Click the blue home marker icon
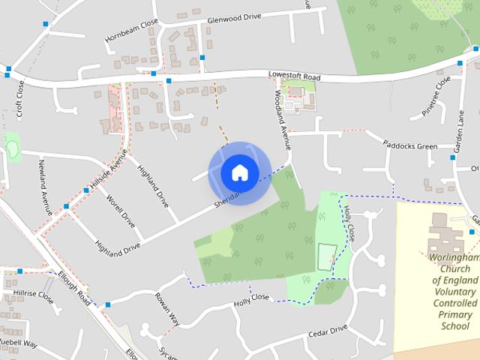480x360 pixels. click(x=239, y=172)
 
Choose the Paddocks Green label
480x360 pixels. click(x=409, y=145)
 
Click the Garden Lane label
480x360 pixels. click(x=462, y=132)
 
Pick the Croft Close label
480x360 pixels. click(x=20, y=100)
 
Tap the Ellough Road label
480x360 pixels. click(x=75, y=288)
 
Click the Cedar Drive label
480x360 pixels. click(x=328, y=330)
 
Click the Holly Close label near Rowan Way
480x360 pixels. click(x=251, y=298)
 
